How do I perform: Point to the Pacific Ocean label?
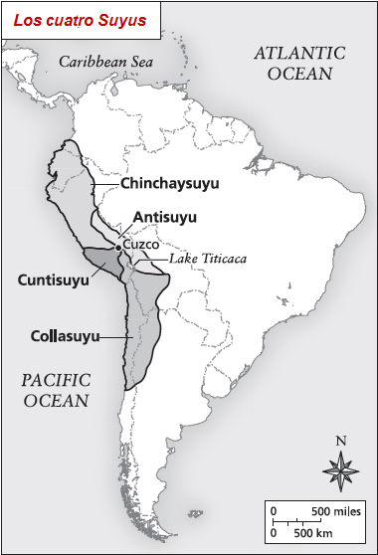click(x=56, y=390)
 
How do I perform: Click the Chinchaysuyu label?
click(x=169, y=184)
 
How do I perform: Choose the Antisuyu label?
click(x=165, y=218)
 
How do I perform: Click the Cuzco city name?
click(x=141, y=242)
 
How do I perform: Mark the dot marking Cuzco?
click(x=118, y=246)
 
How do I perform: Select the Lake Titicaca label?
click(x=209, y=258)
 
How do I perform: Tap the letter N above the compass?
click(x=341, y=441)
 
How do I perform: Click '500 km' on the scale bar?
click(x=311, y=534)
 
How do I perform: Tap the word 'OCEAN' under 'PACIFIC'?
click(x=56, y=401)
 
